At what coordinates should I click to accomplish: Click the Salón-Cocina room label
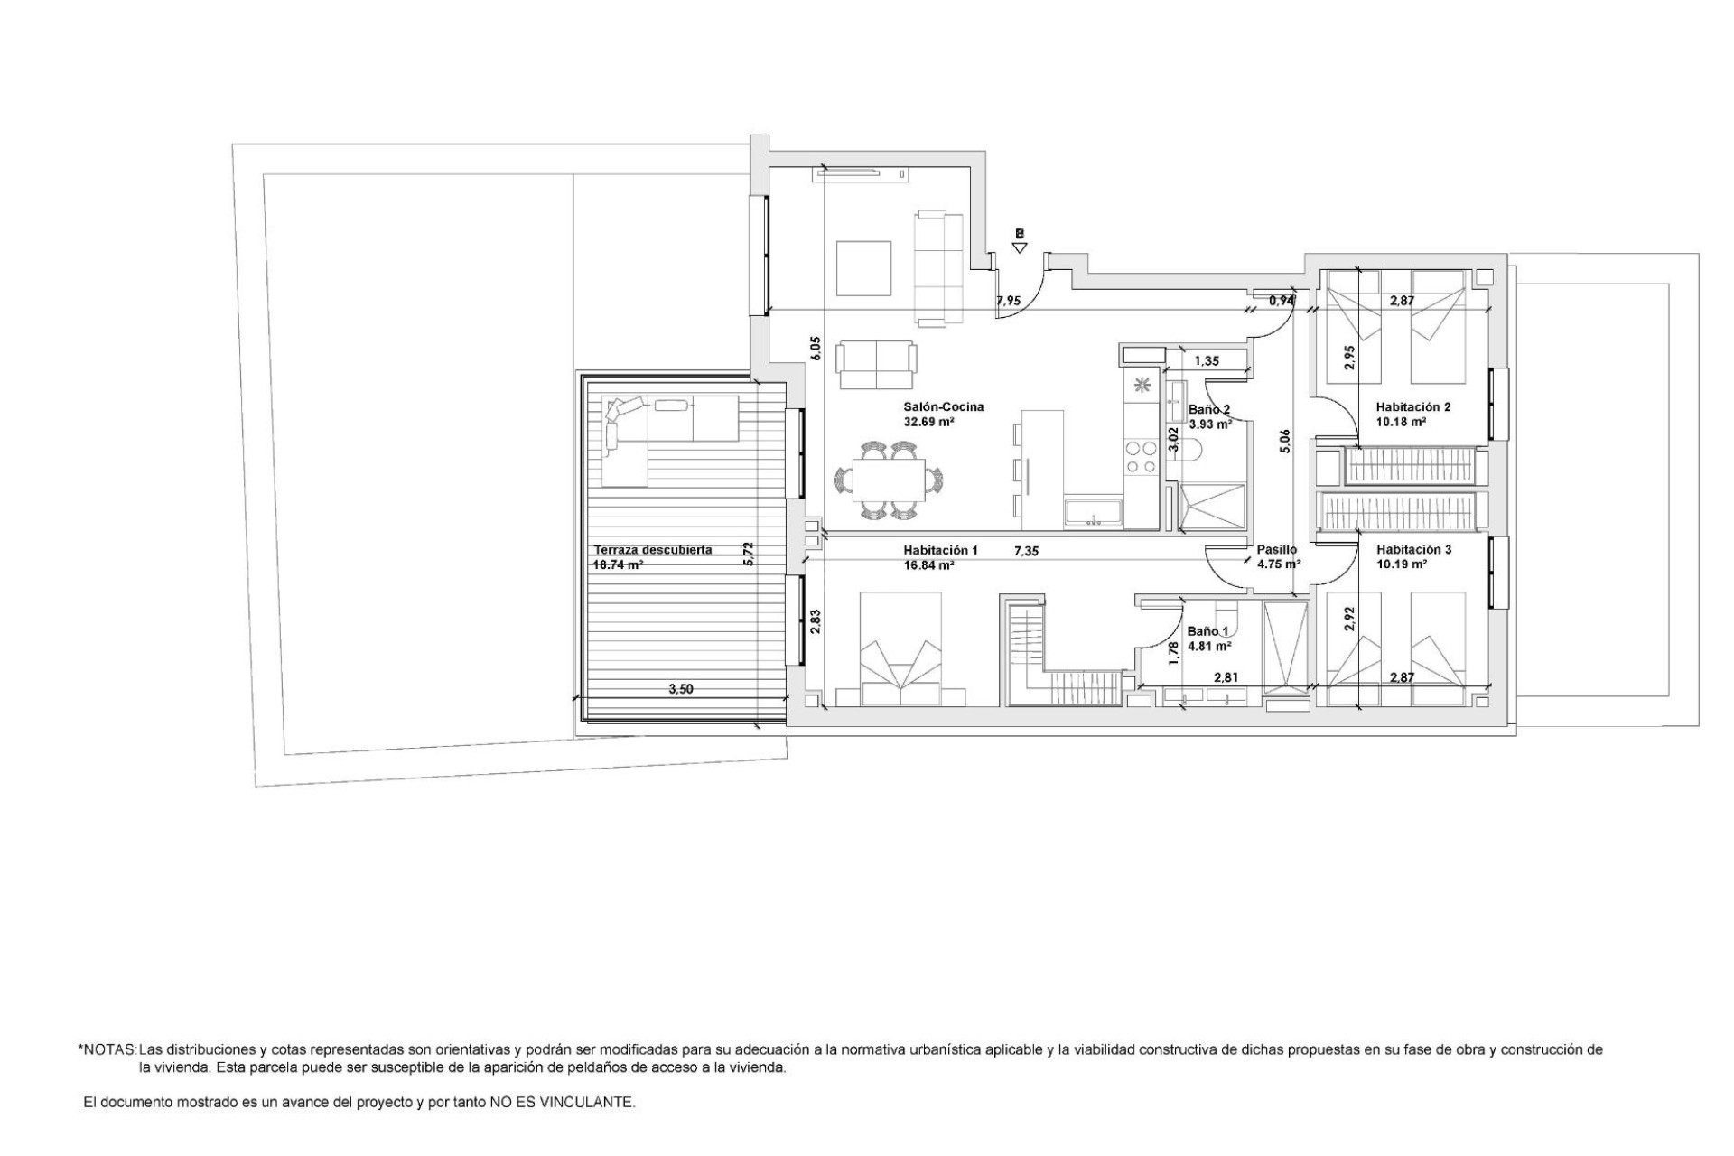click(943, 406)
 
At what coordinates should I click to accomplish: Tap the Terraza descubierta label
click(652, 549)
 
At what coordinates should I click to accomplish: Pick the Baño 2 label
click(1208, 408)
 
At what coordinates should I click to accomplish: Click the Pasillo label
click(1276, 549)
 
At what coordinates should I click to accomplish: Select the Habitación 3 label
click(1413, 549)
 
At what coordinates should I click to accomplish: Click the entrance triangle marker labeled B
click(1020, 247)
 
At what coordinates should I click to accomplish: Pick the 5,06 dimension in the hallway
click(1285, 440)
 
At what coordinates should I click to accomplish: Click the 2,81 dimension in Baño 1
click(1225, 676)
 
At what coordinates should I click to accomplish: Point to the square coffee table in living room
click(864, 267)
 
